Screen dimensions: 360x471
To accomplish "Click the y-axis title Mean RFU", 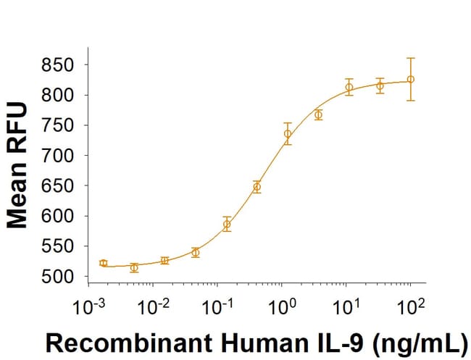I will pos(17,166).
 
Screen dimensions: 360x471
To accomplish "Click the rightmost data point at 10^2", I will pos(411,79).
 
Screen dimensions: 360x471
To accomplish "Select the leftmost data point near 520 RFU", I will pos(103,263).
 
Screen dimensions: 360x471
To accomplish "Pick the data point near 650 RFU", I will pos(257,187).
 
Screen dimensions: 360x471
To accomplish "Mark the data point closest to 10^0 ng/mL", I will pos(288,133).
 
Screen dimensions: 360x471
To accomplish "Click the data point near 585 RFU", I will pos(227,225).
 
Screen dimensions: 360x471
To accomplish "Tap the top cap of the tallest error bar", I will pos(411,58).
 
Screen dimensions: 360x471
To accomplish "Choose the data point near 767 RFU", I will pos(318,114).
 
